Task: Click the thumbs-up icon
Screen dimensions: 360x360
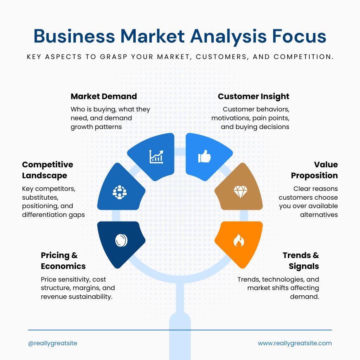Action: click(x=204, y=156)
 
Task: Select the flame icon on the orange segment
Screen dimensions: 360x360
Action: click(x=239, y=240)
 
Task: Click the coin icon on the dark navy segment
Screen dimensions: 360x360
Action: click(x=121, y=240)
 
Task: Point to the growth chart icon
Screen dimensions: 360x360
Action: click(x=156, y=156)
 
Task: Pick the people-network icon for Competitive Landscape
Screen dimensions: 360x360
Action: click(x=120, y=192)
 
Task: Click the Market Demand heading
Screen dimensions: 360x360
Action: click(x=104, y=96)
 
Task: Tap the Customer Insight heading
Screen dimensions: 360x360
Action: click(x=253, y=97)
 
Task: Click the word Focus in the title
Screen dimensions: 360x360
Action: click(x=299, y=36)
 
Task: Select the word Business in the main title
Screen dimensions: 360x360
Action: click(x=74, y=36)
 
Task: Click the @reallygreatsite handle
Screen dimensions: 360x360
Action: click(x=53, y=343)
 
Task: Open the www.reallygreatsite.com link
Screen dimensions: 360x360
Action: click(x=295, y=343)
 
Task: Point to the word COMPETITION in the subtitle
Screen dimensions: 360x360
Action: click(x=303, y=57)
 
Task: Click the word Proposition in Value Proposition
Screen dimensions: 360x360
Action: click(x=314, y=176)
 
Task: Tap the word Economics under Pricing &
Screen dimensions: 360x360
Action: click(x=63, y=266)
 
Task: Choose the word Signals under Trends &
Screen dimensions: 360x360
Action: click(x=304, y=266)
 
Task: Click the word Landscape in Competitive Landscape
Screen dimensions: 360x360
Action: click(x=45, y=176)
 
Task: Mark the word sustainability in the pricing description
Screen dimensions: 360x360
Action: click(x=91, y=297)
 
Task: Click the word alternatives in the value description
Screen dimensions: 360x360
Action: click(x=319, y=215)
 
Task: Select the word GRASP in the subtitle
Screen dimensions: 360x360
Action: click(x=114, y=57)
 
